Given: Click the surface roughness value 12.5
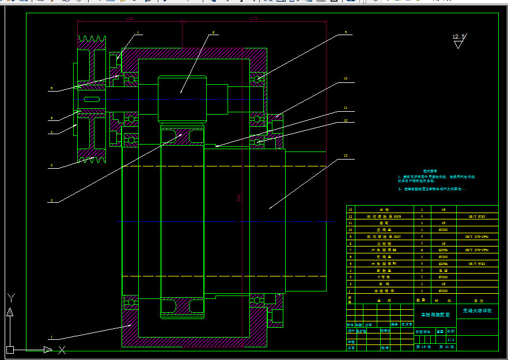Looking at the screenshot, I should (458, 37).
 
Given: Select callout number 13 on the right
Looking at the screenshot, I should (346, 156).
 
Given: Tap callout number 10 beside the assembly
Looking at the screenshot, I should (346, 78).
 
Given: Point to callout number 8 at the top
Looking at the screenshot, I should (213, 32).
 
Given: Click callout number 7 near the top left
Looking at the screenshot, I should (138, 33).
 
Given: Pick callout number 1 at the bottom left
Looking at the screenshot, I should (51, 337).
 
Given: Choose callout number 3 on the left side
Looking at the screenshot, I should (51, 166).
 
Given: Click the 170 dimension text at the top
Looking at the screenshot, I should (254, 19).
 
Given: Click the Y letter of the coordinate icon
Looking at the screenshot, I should (10, 298).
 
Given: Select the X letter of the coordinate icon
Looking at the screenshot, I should (62, 349).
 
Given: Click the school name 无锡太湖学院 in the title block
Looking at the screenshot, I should (478, 311).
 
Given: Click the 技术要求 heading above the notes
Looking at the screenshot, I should (431, 171).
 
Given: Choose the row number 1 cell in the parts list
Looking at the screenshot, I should (350, 291).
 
